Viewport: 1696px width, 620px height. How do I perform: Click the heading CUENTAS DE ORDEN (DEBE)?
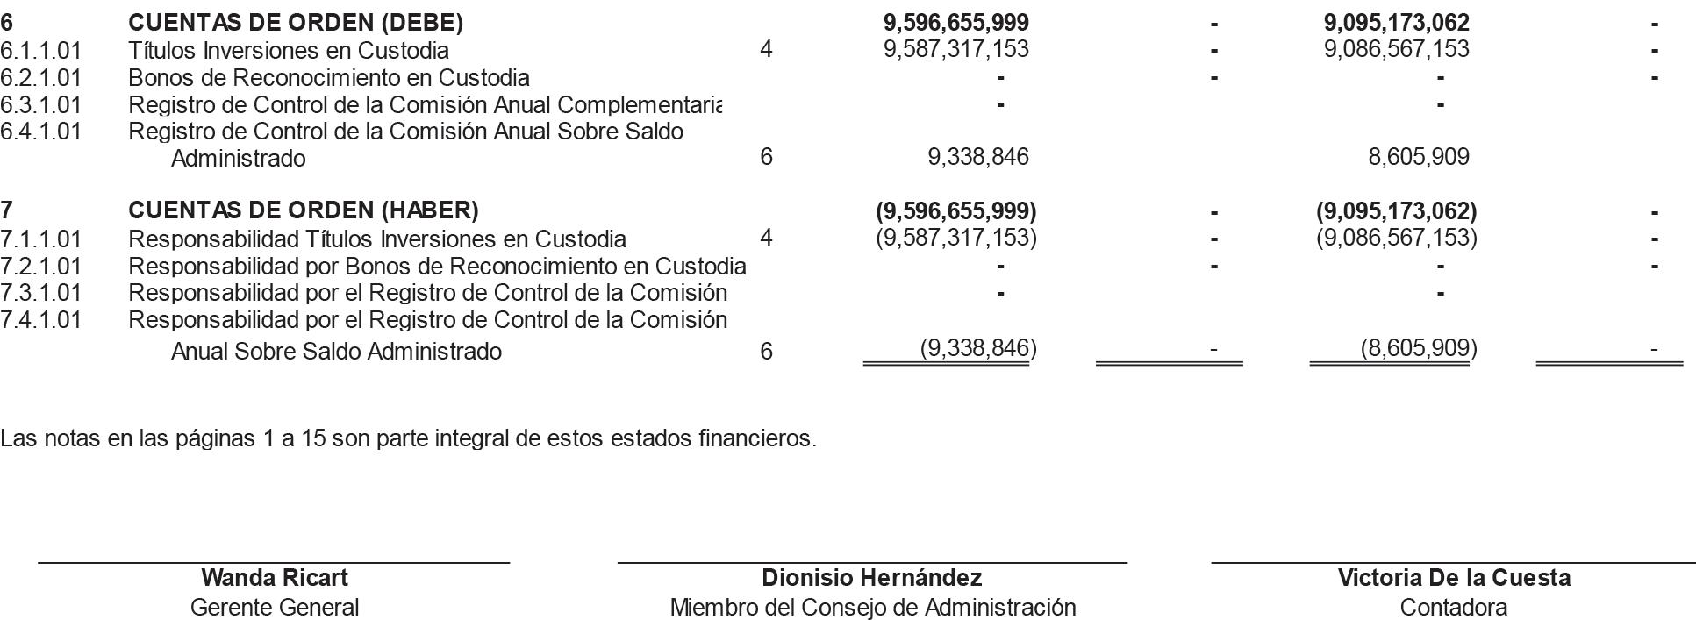tap(296, 22)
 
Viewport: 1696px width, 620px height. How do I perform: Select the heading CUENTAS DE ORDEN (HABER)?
tap(303, 210)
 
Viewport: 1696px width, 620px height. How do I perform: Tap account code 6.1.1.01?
tap(40, 50)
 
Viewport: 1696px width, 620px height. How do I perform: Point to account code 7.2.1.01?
tap(40, 266)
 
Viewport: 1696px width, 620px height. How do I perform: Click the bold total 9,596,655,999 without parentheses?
tap(955, 22)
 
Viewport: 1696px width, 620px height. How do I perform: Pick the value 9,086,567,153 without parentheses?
tap(1396, 49)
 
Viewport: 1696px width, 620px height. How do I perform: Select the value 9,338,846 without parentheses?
tap(977, 157)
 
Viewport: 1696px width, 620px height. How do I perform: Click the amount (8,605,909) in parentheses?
tap(1418, 349)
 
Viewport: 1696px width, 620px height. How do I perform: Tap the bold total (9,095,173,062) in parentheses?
tap(1396, 211)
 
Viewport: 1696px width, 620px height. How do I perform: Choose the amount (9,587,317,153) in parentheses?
tap(955, 238)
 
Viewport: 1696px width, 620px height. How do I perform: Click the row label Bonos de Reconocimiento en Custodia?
tap(329, 78)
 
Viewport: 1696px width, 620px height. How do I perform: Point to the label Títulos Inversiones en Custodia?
tap(289, 50)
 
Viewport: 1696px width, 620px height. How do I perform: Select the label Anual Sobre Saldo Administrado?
tap(336, 352)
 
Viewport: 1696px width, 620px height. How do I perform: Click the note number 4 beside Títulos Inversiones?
tap(766, 49)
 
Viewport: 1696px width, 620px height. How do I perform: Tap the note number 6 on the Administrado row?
tap(766, 157)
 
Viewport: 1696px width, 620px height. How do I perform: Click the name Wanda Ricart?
tap(274, 578)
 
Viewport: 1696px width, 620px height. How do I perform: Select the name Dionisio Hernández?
tap(871, 578)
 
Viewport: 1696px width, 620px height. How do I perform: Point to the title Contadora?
tap(1453, 607)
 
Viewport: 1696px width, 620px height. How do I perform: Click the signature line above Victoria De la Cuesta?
tap(1453, 562)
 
